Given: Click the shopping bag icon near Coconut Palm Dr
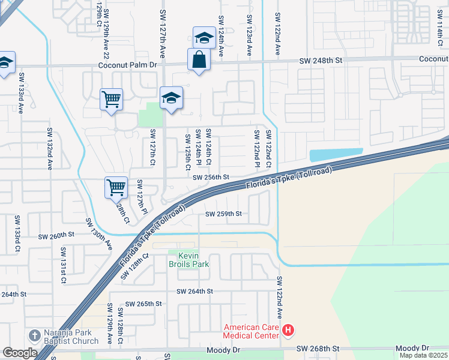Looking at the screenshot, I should tap(199, 60).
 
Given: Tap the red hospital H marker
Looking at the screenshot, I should tap(288, 331).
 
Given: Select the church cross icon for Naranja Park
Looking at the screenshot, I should tap(34, 334).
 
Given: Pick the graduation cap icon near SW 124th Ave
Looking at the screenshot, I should tap(203, 38).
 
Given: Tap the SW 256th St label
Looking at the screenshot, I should tap(211, 178).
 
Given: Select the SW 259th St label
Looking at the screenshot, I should tap(223, 214).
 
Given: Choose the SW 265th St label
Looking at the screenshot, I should tap(145, 304).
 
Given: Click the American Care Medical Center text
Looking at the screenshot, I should tap(251, 331).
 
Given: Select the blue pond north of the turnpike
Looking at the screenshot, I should tap(336, 154).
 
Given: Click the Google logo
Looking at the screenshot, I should tap(20, 353).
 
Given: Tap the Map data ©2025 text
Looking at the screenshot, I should tap(424, 355).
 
